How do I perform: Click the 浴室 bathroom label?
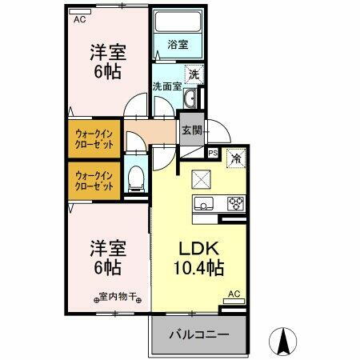click(177, 45)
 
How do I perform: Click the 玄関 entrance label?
click(191, 130)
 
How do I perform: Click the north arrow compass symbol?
click(282, 342)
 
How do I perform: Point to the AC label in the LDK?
click(234, 294)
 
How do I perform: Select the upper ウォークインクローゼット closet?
click(94, 137)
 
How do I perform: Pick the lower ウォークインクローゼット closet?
click(94, 179)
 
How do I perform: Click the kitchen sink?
click(203, 203)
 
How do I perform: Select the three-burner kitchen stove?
click(235, 202)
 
